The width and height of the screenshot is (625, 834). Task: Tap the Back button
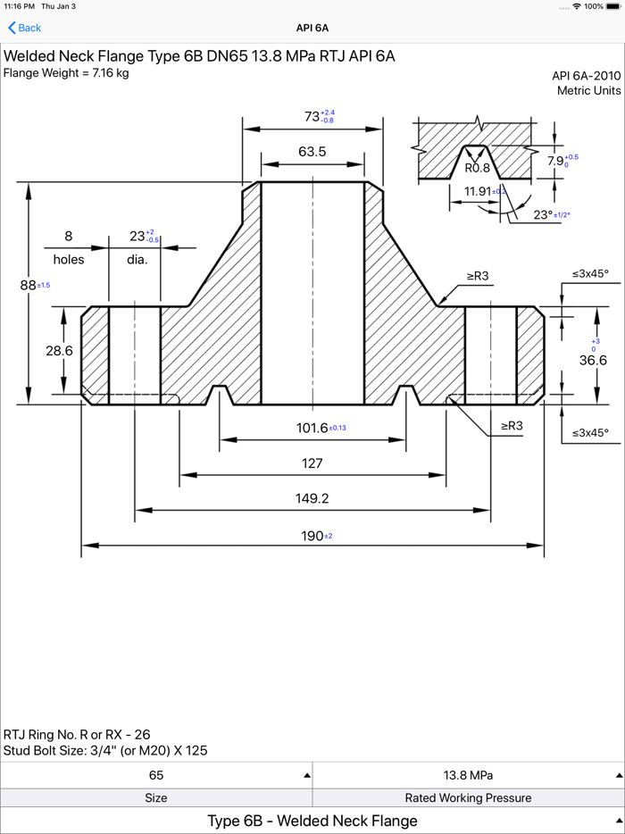[x=25, y=28]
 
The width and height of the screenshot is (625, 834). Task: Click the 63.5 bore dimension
[x=312, y=153]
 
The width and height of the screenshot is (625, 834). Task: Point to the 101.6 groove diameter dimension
[x=312, y=428]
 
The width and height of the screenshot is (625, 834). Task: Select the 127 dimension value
[x=312, y=463]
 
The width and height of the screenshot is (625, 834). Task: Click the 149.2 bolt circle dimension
[x=312, y=499]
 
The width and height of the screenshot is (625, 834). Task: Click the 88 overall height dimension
[x=28, y=285]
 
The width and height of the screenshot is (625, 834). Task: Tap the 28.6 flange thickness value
[x=59, y=351]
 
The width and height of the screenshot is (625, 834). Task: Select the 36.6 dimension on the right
[x=593, y=360]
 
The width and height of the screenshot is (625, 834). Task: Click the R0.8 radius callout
[x=477, y=168]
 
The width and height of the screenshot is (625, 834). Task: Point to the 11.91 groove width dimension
[x=479, y=191]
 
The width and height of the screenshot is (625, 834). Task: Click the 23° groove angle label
[x=543, y=215]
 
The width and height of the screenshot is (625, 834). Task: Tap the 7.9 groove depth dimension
[x=556, y=162]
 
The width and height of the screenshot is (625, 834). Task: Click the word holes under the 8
[x=68, y=260]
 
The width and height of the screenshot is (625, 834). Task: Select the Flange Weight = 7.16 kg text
[x=66, y=73]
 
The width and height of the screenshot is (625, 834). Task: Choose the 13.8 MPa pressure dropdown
[x=469, y=775]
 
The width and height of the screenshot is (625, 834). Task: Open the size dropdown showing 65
[x=156, y=775]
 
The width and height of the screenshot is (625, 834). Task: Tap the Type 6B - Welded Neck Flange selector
[x=312, y=821]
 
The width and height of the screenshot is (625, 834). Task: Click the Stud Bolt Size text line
[x=105, y=750]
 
